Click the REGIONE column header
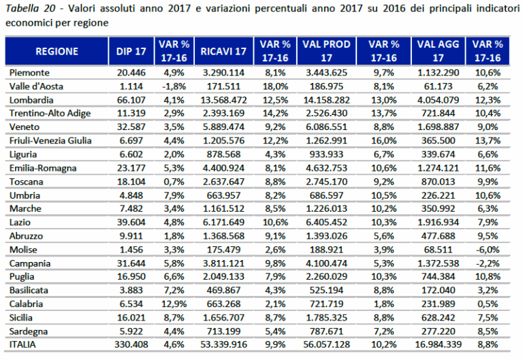(x=57, y=51)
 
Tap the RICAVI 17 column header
(x=223, y=51)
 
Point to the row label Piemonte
(x=29, y=71)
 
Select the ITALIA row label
(x=25, y=344)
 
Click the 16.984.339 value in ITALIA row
(x=436, y=344)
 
